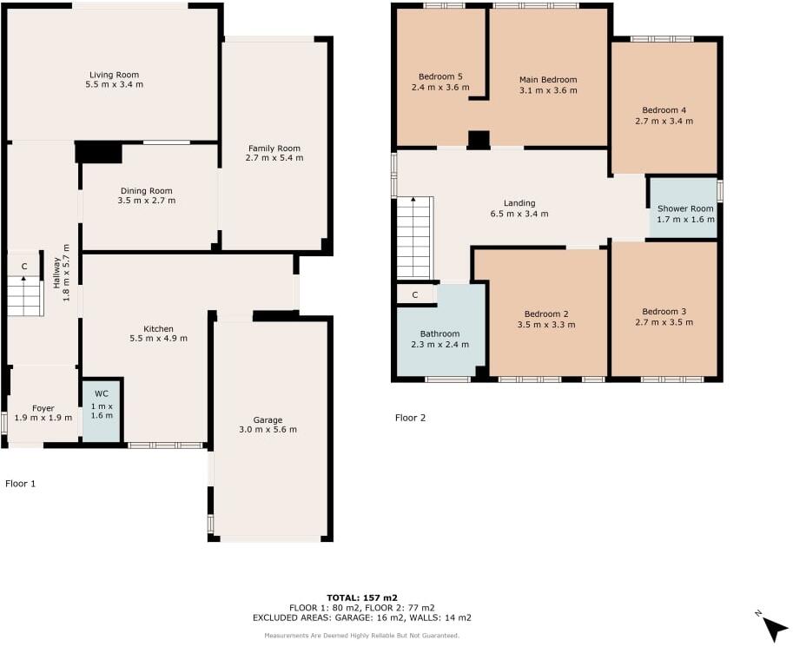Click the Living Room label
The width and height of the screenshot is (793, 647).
(114, 75)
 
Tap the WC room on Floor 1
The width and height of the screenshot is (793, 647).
(102, 410)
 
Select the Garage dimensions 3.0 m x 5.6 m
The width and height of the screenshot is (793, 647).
(268, 430)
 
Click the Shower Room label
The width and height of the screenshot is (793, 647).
(685, 208)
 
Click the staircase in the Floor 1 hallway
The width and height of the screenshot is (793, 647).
(25, 297)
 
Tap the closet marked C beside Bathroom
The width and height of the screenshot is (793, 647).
(415, 295)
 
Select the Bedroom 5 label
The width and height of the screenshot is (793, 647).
(439, 76)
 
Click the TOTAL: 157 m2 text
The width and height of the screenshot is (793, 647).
(361, 597)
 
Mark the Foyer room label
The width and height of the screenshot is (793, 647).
(43, 407)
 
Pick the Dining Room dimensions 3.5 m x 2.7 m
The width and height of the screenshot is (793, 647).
(146, 201)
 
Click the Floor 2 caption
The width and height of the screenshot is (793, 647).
(411, 418)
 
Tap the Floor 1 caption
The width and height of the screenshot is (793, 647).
(20, 483)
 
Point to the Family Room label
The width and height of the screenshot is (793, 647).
(274, 148)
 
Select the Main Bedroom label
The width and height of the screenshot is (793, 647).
(548, 80)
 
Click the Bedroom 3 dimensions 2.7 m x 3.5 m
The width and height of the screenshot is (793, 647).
(664, 322)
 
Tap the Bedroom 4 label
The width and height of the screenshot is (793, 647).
(664, 110)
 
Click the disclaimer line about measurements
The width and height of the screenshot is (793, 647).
(361, 637)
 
